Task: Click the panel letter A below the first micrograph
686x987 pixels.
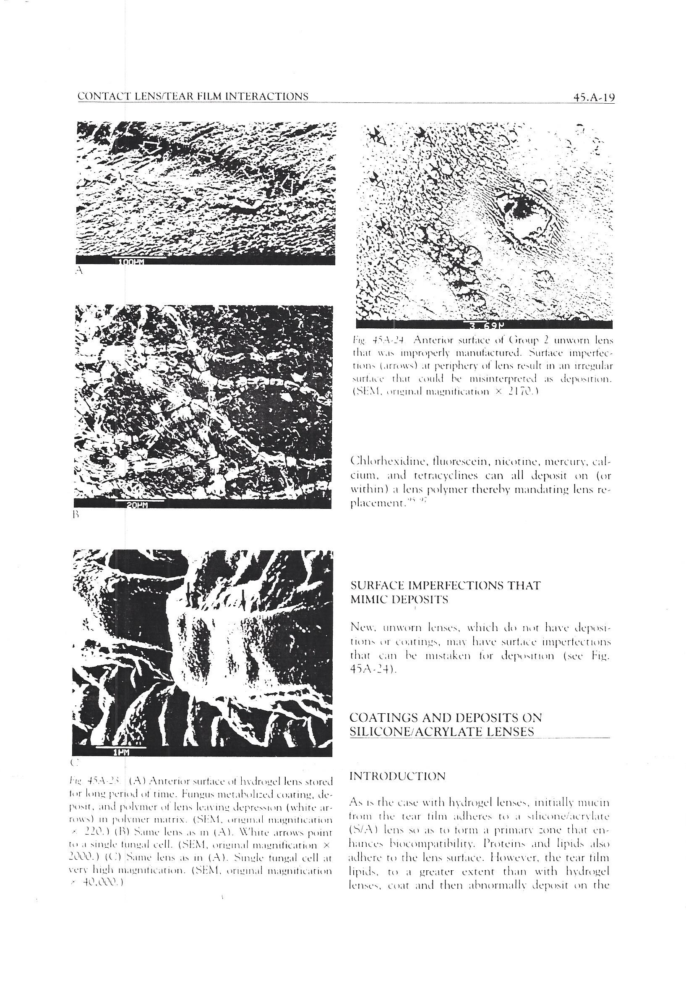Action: click(78, 271)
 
